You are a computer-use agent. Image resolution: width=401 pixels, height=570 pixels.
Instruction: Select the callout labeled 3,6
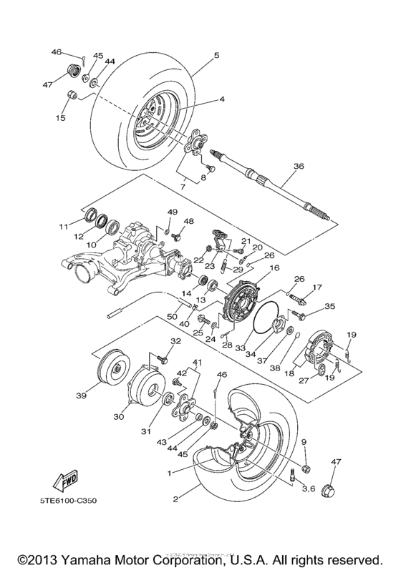(x=309, y=488)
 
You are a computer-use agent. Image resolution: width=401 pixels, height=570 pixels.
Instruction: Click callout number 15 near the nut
(x=61, y=117)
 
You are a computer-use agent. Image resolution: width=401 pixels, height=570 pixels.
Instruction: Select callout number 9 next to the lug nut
(x=304, y=442)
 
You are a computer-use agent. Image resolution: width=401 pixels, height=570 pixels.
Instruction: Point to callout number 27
(x=304, y=381)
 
